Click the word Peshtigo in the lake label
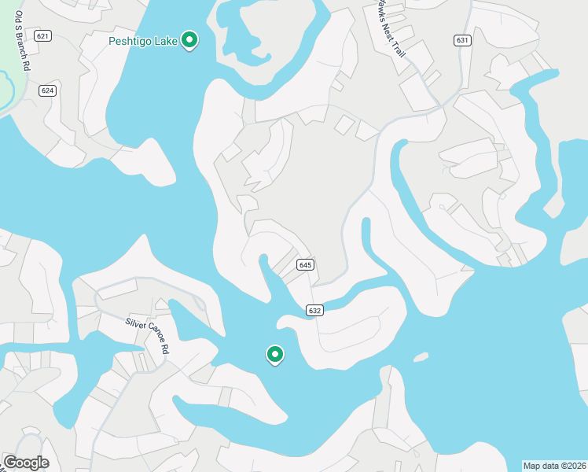point(131,39)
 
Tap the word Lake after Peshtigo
point(166,39)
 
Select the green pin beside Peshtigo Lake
point(189,39)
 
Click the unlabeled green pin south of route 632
point(274,355)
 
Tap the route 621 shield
point(43,36)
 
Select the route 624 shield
point(48,90)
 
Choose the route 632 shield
point(314,311)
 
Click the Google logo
point(26,463)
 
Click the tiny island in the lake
point(421,357)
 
